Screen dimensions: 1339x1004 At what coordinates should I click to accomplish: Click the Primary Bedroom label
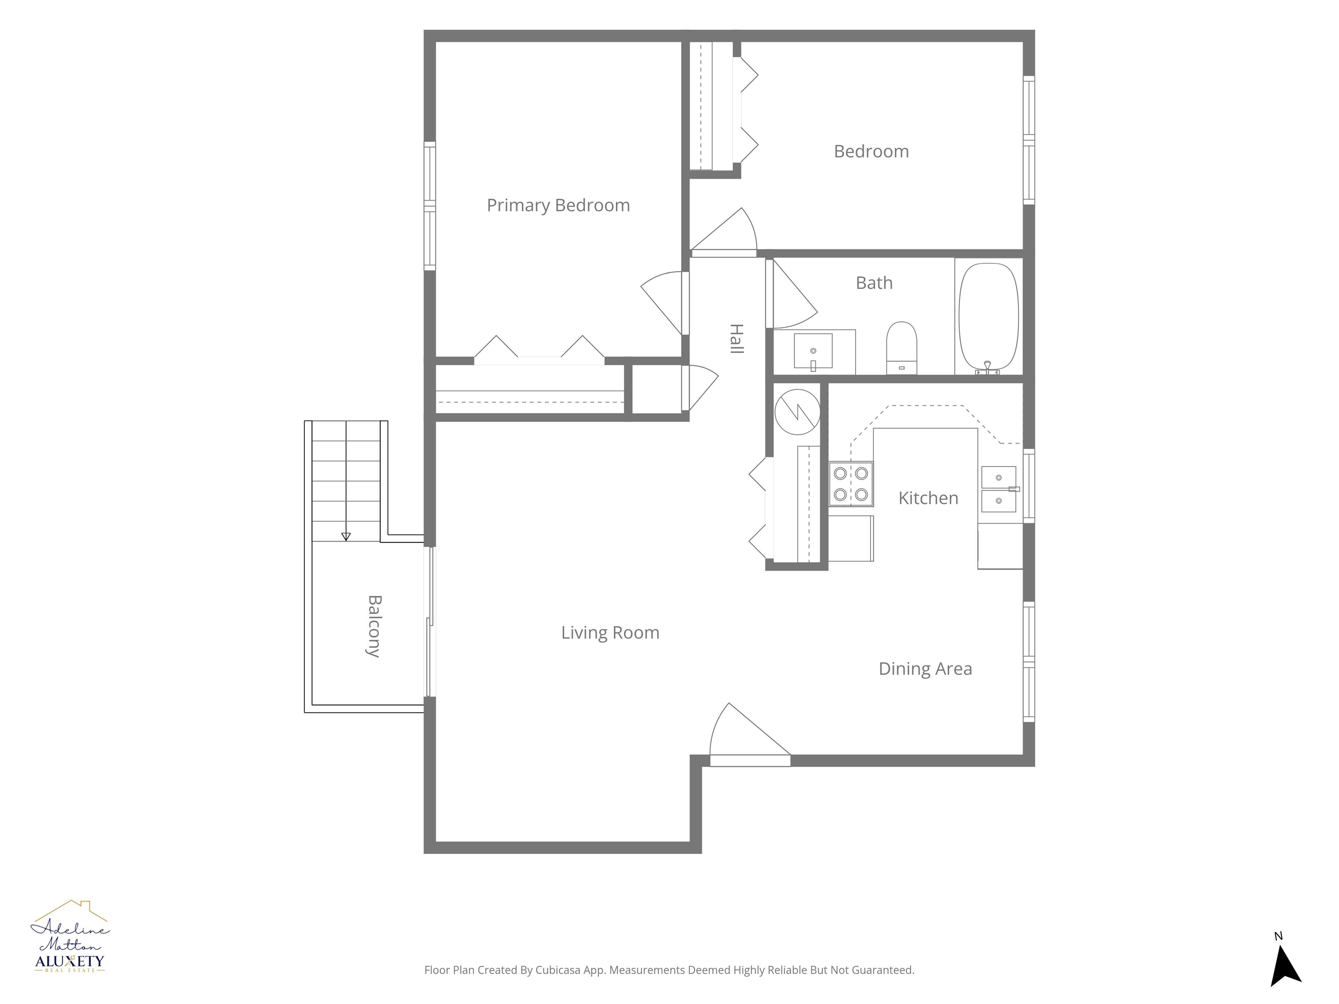point(558,206)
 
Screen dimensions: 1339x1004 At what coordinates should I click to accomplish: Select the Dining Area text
point(925,669)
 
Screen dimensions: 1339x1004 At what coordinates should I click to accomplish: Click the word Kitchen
point(928,498)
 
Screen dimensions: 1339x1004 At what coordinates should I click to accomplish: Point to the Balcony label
point(374,626)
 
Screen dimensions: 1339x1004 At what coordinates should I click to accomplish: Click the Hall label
point(736,338)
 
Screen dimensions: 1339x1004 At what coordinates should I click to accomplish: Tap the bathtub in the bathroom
point(989,316)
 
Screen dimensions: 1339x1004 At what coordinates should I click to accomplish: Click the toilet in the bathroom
point(902,348)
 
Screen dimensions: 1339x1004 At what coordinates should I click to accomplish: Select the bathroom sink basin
point(813,351)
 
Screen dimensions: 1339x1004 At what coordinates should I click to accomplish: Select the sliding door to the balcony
point(430,621)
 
